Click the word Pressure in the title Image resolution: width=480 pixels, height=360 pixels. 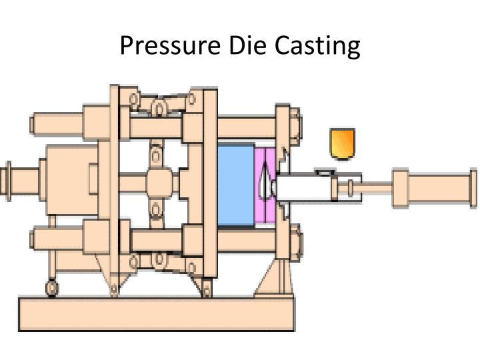tap(165, 45)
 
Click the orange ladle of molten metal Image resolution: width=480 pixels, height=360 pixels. tap(343, 144)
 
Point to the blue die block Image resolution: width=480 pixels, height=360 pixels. tap(235, 185)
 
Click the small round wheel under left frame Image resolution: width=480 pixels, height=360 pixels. tap(51, 289)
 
